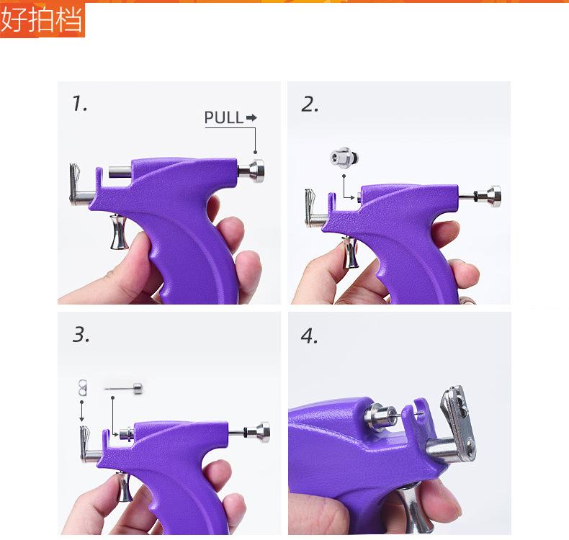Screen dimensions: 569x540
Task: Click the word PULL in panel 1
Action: pos(223,117)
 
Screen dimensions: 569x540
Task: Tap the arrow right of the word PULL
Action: pos(251,117)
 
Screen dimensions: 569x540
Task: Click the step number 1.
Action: pos(79,104)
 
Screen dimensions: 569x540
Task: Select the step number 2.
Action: pos(310,104)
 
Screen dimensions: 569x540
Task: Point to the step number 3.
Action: pos(81,334)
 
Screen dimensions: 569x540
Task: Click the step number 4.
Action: pos(309,336)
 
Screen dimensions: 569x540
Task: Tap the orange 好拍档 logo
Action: pos(42,19)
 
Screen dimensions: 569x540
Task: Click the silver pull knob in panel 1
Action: pos(252,171)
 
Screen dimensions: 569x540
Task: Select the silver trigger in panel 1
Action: pos(119,232)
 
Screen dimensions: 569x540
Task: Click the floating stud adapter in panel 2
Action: pos(344,158)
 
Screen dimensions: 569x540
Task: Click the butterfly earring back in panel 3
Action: pos(83,387)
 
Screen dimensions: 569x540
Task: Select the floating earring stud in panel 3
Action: pos(124,388)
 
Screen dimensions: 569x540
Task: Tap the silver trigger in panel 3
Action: pos(124,487)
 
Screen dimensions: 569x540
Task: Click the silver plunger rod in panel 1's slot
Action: pos(120,171)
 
